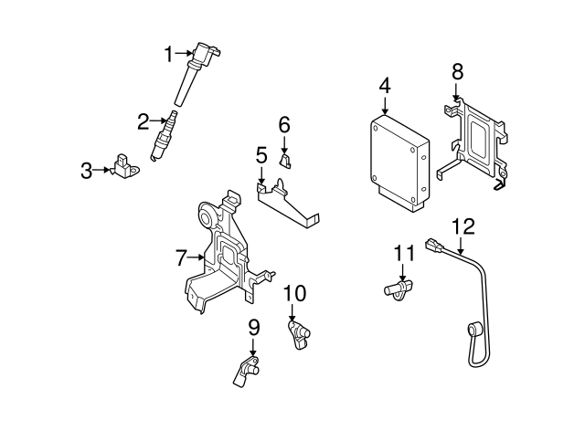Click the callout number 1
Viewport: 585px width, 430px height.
(168, 55)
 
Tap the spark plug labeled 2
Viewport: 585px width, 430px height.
(164, 139)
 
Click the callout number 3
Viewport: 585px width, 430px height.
(86, 170)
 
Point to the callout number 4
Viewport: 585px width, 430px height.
(385, 86)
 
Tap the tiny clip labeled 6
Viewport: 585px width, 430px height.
(285, 163)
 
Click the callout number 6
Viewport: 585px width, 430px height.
(284, 123)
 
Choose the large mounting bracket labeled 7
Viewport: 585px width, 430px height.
(222, 256)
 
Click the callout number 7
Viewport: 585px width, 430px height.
(181, 258)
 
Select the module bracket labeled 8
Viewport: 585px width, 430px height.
(476, 142)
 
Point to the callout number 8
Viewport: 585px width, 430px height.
(457, 70)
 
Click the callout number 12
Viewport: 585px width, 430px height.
(463, 225)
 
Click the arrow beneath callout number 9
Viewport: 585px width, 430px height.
(253, 347)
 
